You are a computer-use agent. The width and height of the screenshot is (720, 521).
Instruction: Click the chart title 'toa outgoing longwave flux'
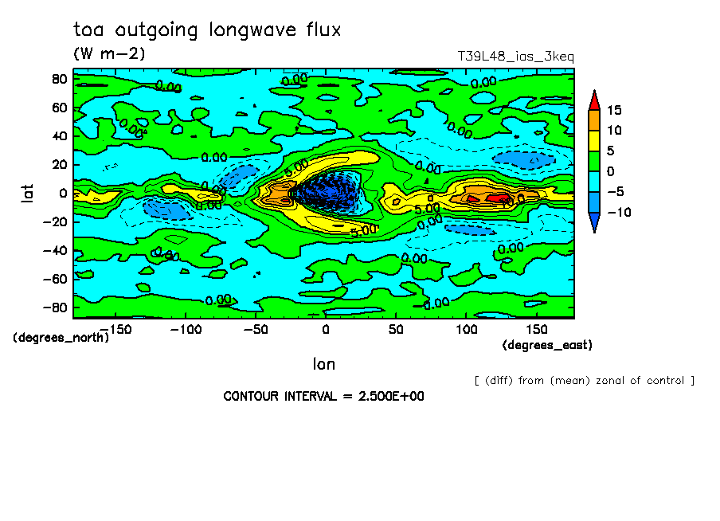206,30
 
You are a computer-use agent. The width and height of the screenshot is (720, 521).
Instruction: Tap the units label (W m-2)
109,54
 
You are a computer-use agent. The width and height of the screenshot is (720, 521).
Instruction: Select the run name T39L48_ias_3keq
515,57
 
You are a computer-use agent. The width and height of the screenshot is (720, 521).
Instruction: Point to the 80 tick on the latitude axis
58,79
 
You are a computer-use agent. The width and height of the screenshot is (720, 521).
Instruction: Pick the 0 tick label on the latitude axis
63,193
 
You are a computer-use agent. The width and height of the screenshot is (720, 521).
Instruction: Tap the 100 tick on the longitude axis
466,328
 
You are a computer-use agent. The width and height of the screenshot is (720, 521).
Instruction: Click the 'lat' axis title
27,192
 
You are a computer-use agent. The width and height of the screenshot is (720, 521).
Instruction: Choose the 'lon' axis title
323,364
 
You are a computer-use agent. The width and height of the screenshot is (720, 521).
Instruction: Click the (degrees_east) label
547,345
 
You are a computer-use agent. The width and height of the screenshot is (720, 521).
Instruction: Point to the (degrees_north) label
61,337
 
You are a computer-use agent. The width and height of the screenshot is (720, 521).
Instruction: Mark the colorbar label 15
613,110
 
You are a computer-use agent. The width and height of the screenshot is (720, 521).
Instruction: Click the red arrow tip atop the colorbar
594,99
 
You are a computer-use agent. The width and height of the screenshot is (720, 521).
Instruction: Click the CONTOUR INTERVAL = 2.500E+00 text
323,396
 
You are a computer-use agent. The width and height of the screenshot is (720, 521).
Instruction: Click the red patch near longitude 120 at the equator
498,197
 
